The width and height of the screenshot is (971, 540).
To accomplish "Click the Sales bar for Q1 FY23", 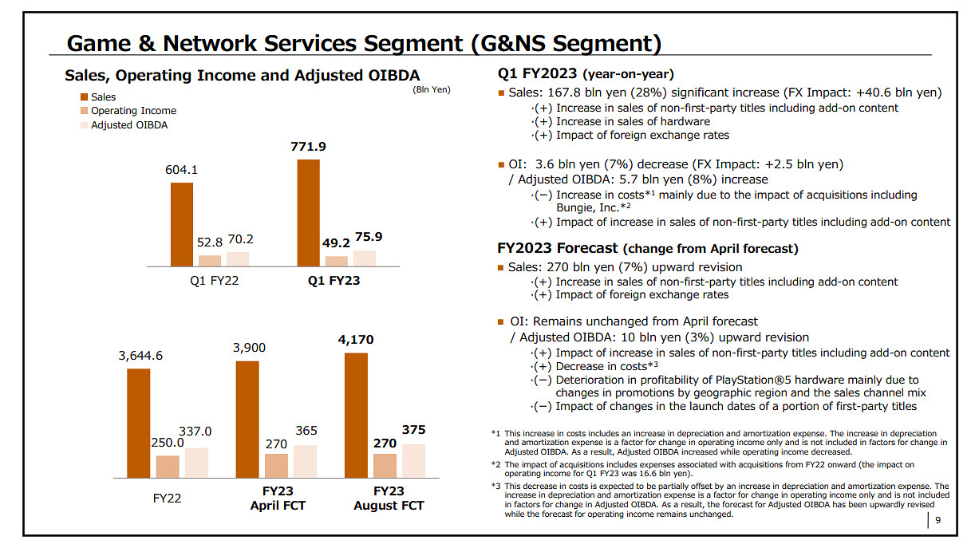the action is pyautogui.click(x=308, y=213).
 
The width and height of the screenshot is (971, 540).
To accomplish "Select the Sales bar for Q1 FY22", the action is pyautogui.click(x=182, y=224).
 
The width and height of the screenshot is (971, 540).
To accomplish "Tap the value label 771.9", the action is pyautogui.click(x=308, y=147).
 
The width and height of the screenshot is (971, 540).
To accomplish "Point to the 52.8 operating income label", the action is pyautogui.click(x=209, y=242).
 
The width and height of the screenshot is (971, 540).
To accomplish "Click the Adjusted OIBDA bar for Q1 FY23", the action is pyautogui.click(x=365, y=258).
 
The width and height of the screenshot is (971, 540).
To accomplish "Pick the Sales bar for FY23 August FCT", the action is pyautogui.click(x=356, y=416).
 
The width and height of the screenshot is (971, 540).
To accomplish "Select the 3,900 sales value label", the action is pyautogui.click(x=249, y=348).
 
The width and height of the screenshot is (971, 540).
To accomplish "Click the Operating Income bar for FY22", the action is pyautogui.click(x=168, y=467).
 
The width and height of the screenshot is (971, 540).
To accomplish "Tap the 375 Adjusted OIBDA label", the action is pyautogui.click(x=413, y=429).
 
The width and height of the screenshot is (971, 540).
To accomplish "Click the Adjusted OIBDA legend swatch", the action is pyautogui.click(x=84, y=125).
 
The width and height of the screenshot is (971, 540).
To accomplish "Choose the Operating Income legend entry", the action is pyautogui.click(x=128, y=111).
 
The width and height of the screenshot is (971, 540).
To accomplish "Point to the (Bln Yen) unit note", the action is pyautogui.click(x=432, y=89).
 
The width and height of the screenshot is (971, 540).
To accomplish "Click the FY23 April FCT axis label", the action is pyautogui.click(x=278, y=498).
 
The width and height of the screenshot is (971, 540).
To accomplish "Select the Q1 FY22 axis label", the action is pyautogui.click(x=214, y=281).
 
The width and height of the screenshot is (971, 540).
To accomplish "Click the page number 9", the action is pyautogui.click(x=937, y=519).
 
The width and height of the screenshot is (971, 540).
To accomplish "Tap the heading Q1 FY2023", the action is pyautogui.click(x=537, y=73).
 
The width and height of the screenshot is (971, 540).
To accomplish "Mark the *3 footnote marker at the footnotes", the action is pyautogui.click(x=495, y=486).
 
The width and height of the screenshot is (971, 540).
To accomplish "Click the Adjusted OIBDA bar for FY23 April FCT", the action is pyautogui.click(x=305, y=462).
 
